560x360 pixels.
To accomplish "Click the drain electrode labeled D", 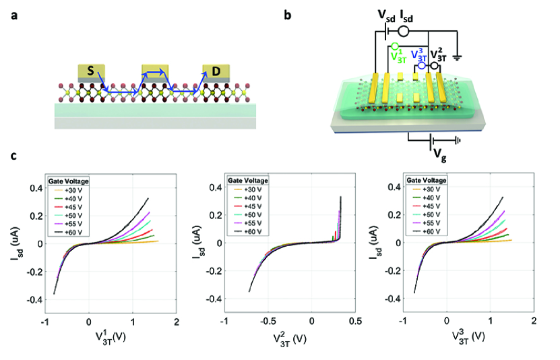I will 216,71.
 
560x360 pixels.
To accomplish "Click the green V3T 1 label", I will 398,56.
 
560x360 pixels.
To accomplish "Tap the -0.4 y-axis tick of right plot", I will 390,299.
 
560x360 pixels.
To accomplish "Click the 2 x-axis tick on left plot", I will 176,319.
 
